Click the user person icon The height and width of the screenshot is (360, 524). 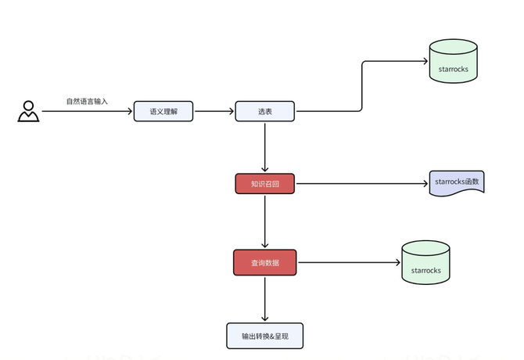click(x=28, y=111)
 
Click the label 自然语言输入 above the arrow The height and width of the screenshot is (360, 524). click(x=88, y=102)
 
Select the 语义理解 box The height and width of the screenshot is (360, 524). click(x=162, y=111)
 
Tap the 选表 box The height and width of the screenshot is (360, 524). click(x=265, y=111)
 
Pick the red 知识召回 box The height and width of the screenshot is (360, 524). click(x=264, y=184)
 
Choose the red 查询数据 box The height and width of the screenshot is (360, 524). click(x=265, y=262)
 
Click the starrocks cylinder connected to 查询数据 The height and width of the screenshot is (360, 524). click(x=425, y=262)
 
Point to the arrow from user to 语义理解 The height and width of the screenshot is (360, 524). click(x=86, y=111)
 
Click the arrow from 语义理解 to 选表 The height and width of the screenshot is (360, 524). click(x=214, y=111)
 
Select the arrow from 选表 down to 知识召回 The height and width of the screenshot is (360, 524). click(x=265, y=147)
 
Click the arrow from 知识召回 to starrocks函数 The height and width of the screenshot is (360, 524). click(x=360, y=184)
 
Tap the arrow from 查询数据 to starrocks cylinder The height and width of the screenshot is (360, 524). click(x=348, y=262)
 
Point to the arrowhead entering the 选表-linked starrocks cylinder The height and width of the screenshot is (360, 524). click(x=424, y=61)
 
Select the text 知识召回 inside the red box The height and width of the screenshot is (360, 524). click(x=264, y=184)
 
